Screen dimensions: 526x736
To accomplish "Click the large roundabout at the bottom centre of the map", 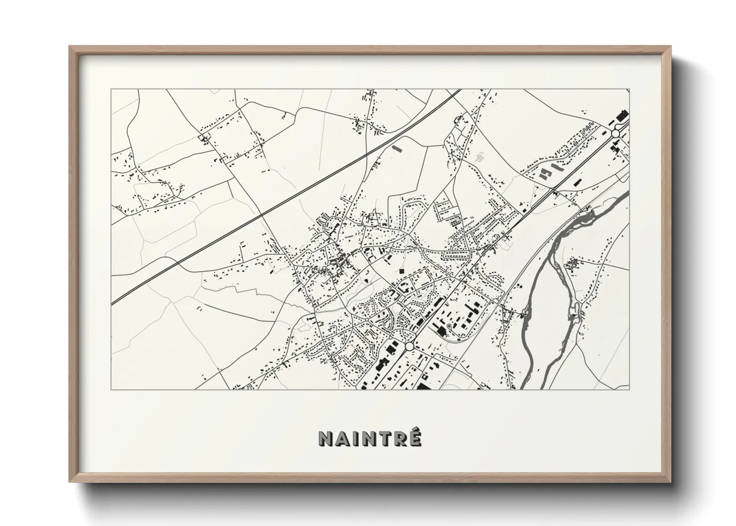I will point(409,346).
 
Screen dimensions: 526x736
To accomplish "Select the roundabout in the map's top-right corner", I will point(616,133).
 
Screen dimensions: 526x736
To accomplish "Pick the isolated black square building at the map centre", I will point(401,271).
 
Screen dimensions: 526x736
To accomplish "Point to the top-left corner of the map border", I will point(111,89).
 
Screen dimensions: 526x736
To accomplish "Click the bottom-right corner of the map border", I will point(629,389).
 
